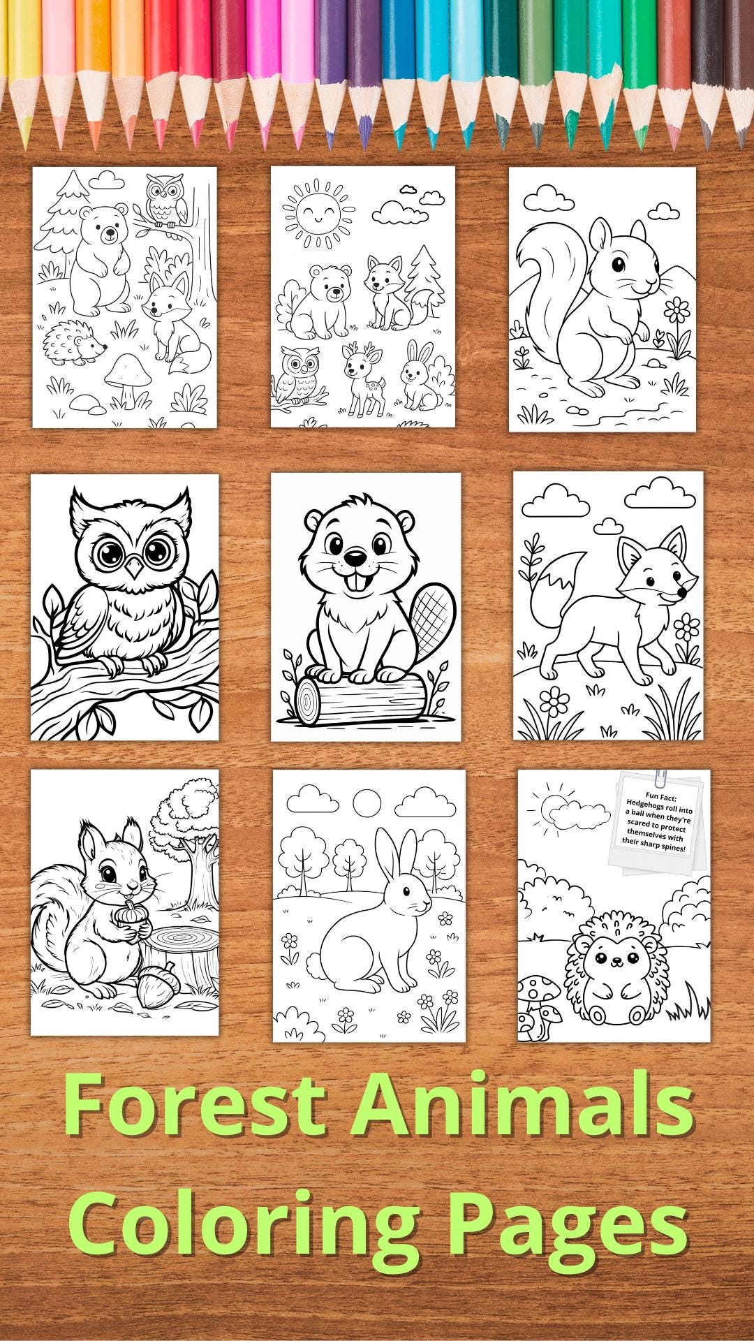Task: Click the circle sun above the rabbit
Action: [369, 803]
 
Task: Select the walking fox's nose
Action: [681, 594]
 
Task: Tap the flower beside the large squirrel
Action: [676, 307]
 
